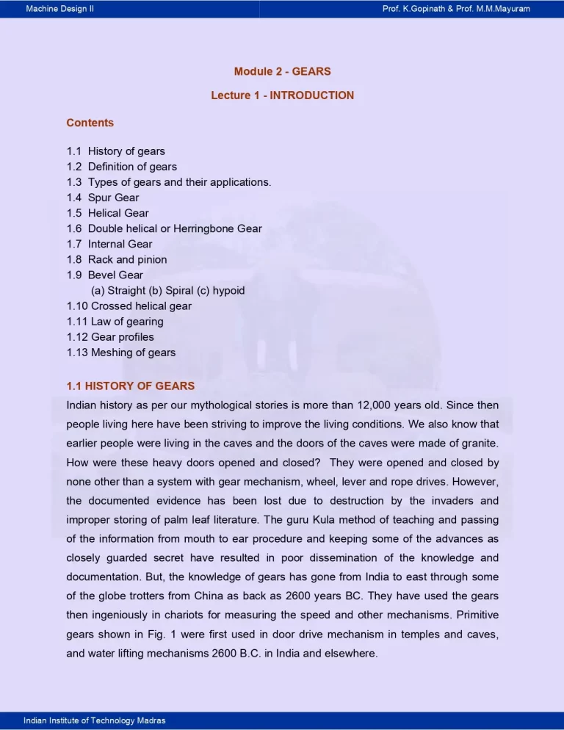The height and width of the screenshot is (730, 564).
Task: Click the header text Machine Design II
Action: [x=59, y=9]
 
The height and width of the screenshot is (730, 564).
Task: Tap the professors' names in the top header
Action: [x=456, y=9]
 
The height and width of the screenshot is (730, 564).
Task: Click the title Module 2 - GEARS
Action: [x=282, y=71]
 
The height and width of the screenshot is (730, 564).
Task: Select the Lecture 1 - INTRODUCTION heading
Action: [x=282, y=95]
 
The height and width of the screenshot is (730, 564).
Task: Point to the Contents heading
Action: [x=90, y=123]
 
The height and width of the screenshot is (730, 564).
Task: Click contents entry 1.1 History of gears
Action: [x=115, y=151]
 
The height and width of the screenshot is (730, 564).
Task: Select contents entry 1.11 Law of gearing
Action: [x=115, y=321]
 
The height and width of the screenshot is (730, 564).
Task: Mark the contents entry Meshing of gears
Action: [x=120, y=352]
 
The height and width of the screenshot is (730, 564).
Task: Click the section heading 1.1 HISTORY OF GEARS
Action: [x=130, y=386]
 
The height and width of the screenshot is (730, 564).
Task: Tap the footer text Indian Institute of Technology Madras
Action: [x=95, y=720]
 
